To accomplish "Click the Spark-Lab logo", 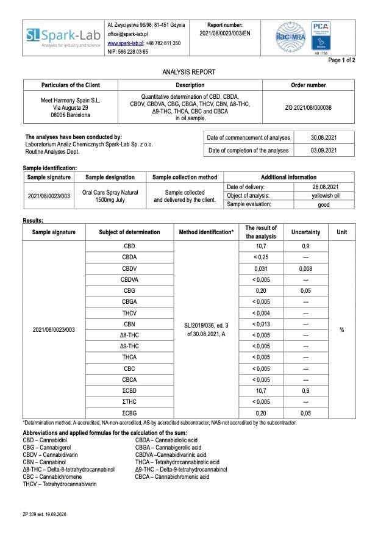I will coord(63,38).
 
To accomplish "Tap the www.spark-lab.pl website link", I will coord(126,43).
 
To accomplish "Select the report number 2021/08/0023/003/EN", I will coord(225,33).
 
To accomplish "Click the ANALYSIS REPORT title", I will coord(188,72).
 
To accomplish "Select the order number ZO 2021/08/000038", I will coord(308,107).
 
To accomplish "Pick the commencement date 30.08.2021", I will coord(324,137).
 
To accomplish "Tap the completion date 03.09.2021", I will coord(324,150).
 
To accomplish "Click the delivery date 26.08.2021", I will coord(324,187).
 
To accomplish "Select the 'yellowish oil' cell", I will coord(324,196).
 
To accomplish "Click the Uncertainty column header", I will coord(305,232).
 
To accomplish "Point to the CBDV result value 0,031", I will coord(261,268).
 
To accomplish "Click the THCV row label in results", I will coord(129,313).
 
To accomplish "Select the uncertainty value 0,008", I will coord(305,268).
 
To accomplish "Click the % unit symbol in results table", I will coord(341,330).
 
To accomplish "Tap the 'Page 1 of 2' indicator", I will coord(341,60).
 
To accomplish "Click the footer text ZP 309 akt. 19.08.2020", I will coord(45,515).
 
